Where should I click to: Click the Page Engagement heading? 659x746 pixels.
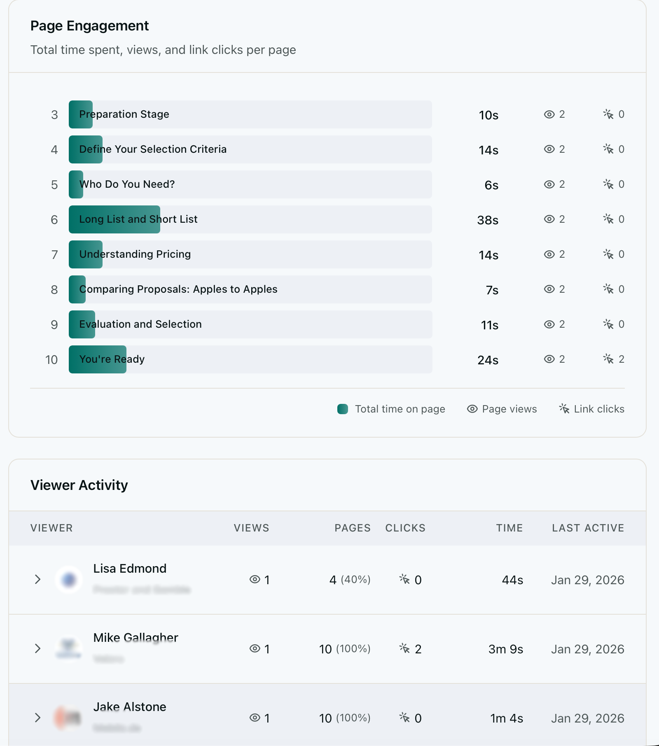click(89, 26)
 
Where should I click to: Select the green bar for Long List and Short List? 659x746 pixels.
click(115, 219)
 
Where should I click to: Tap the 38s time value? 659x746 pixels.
click(488, 220)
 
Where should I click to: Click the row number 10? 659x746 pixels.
click(51, 360)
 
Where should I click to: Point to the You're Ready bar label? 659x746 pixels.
click(112, 359)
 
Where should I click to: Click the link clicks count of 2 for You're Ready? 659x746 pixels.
click(621, 359)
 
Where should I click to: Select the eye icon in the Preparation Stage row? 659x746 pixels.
click(549, 114)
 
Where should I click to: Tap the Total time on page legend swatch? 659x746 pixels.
click(343, 409)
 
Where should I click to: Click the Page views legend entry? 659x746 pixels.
click(502, 409)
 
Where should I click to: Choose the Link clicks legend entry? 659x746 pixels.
click(591, 409)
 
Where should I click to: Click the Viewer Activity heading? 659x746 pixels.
click(79, 485)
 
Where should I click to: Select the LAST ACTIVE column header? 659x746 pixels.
click(588, 528)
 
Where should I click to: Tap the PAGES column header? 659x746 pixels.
click(352, 528)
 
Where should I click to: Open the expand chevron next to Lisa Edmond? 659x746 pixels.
click(37, 580)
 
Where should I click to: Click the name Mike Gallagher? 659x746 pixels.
click(136, 638)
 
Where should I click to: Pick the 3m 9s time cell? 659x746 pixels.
click(505, 649)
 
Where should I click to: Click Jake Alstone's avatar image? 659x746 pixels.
click(68, 718)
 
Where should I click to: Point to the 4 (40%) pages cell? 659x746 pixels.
click(349, 580)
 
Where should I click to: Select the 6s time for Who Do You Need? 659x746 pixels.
click(491, 185)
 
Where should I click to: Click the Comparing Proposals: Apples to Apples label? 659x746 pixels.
click(178, 289)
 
